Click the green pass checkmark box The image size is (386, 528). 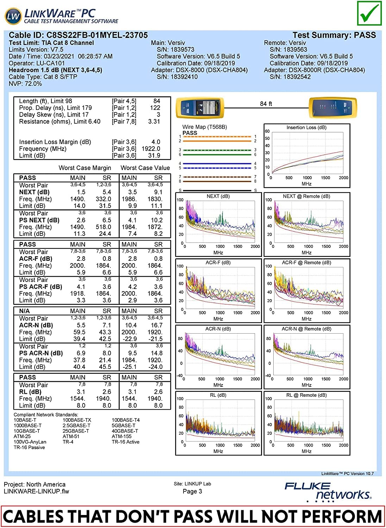369,13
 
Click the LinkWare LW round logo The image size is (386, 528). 13,17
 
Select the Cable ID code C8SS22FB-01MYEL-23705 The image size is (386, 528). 97,35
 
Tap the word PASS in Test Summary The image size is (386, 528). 365,35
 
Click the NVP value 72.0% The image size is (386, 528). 33,84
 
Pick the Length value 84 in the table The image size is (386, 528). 157,101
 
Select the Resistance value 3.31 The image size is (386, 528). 154,121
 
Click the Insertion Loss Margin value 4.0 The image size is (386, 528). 156,142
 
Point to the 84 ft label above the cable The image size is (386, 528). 266,104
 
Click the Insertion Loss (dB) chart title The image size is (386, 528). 306,127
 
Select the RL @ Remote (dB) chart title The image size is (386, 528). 306,395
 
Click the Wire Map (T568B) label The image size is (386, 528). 205,127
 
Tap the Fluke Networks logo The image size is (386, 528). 328,491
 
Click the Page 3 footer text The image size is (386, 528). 192,491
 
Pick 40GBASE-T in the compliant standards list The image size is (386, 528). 125,431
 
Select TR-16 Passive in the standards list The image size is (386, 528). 29,447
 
